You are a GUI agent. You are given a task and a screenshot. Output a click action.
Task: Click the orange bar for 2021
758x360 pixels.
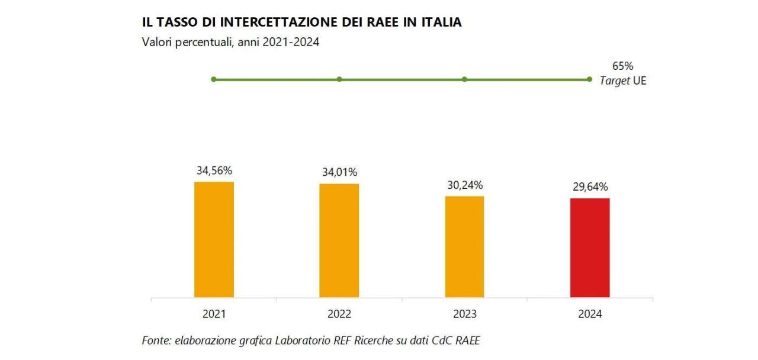click(x=214, y=239)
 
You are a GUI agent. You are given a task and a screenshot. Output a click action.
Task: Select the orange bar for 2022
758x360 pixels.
click(x=339, y=240)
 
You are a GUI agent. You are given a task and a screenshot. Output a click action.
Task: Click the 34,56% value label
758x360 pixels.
click(x=214, y=171)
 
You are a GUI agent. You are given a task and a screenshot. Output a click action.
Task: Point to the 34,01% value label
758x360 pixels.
click(x=339, y=172)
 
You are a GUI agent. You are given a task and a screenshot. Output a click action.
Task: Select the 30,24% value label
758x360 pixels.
click(x=464, y=185)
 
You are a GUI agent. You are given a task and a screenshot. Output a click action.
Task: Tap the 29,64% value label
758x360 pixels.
click(x=589, y=187)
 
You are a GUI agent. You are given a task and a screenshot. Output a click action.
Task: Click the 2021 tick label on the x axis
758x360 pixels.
click(x=214, y=314)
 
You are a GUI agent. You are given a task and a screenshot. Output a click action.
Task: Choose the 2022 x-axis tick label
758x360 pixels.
click(x=339, y=314)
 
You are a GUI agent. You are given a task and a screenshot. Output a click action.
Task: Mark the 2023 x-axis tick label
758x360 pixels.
click(x=464, y=314)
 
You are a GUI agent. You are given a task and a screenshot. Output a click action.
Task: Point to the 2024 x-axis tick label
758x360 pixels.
click(x=590, y=314)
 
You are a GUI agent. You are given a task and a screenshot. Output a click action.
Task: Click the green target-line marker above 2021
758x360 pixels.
click(x=214, y=79)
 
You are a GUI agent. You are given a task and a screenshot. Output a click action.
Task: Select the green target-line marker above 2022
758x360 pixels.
click(x=339, y=79)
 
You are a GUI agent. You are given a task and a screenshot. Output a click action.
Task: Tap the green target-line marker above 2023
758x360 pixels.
click(x=464, y=79)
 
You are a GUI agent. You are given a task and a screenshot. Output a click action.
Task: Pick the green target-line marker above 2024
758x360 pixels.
click(x=589, y=79)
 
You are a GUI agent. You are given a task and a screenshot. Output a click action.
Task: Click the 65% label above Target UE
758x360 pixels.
click(x=622, y=66)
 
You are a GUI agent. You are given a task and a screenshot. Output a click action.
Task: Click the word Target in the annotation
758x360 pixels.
click(x=614, y=81)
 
